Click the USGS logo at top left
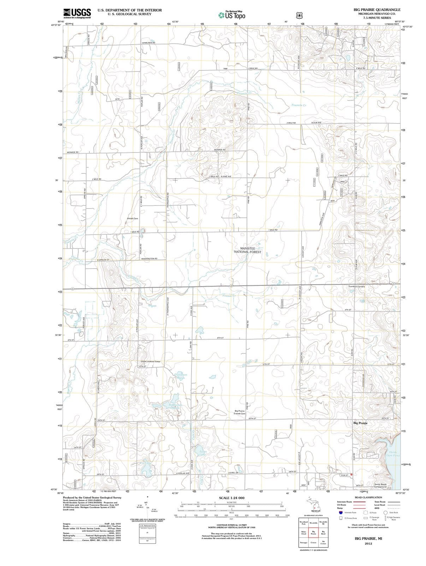[x=77, y=13]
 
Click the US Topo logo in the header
[x=232, y=15]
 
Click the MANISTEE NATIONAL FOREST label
[x=248, y=250]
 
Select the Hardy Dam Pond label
[x=394, y=454]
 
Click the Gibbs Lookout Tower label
[x=150, y=362]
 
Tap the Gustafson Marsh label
[x=181, y=376]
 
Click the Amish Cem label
[x=132, y=219]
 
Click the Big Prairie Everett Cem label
[x=239, y=412]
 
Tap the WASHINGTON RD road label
[x=149, y=259]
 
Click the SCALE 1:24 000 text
[x=231, y=498]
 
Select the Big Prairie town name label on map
[x=360, y=423]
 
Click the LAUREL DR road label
[x=233, y=473]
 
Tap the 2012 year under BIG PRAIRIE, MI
[x=368, y=543]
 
